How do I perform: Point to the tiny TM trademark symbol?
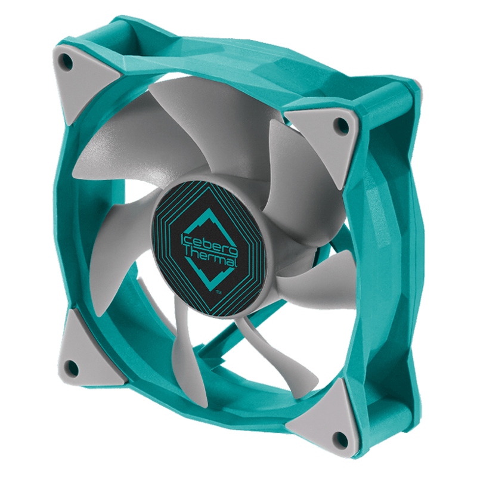pyautogui.click(x=218, y=292)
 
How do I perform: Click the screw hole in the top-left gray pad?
pyautogui.click(x=67, y=60)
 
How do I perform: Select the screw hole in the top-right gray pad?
pyautogui.click(x=341, y=125)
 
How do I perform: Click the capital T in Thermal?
pyautogui.click(x=190, y=252)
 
